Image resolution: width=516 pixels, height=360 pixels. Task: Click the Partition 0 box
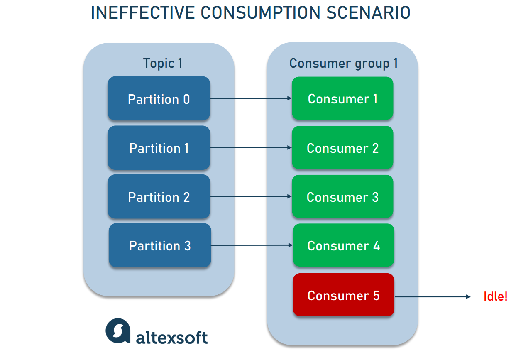click(159, 98)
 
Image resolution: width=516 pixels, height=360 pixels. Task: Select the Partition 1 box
click(159, 148)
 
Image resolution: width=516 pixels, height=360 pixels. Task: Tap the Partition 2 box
click(159, 196)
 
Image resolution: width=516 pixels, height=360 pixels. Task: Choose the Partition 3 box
click(160, 245)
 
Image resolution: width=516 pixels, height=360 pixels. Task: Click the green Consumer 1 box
click(342, 98)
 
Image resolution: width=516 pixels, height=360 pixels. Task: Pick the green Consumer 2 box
click(342, 148)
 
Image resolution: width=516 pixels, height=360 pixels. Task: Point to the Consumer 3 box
click(342, 196)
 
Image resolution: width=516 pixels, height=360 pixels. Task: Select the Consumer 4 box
click(344, 245)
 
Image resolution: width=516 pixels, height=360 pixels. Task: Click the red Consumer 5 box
click(344, 295)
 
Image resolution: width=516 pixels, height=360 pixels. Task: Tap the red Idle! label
click(496, 296)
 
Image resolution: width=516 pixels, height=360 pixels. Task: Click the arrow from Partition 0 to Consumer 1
click(251, 98)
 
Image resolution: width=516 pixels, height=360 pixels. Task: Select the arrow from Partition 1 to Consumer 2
click(251, 147)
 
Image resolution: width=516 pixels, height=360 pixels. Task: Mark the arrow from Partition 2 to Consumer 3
click(251, 196)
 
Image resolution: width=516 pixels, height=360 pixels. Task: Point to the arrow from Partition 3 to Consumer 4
click(252, 245)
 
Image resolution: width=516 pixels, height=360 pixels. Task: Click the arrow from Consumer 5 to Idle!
click(433, 296)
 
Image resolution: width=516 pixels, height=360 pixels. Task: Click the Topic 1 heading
click(163, 64)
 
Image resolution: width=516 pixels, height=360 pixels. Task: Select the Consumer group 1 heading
click(343, 64)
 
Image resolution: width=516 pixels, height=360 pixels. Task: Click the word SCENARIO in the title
click(368, 12)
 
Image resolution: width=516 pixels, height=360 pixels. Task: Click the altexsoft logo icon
click(118, 331)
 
